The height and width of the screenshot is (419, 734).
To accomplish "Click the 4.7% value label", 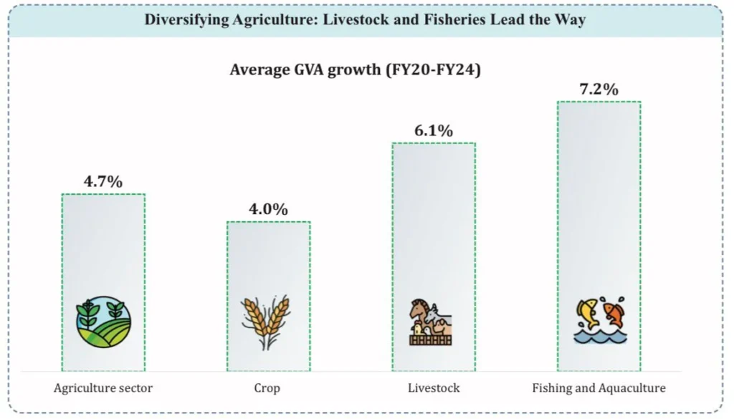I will [x=103, y=181].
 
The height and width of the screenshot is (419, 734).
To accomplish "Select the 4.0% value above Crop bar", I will [x=268, y=209].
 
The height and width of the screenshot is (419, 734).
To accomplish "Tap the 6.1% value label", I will [x=433, y=130].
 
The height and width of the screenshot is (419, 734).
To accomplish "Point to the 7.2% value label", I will [x=599, y=89].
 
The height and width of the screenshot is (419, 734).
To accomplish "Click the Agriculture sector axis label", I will [x=103, y=388].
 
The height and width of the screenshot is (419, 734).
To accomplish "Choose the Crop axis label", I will [x=268, y=388].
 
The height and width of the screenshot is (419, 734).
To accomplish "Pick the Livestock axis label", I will [x=433, y=388].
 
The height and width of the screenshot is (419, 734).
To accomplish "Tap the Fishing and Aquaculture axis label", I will [x=599, y=388].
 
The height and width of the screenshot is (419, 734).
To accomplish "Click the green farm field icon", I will [x=103, y=322].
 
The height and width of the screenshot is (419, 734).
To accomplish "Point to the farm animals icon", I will [x=432, y=322].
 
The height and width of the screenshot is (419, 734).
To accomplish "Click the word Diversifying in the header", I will [x=186, y=19].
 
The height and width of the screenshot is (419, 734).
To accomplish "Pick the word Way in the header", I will [x=571, y=19].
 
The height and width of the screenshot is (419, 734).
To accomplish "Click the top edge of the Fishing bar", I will [x=599, y=102].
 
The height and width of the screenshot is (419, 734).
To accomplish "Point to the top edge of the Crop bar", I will [x=268, y=222].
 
